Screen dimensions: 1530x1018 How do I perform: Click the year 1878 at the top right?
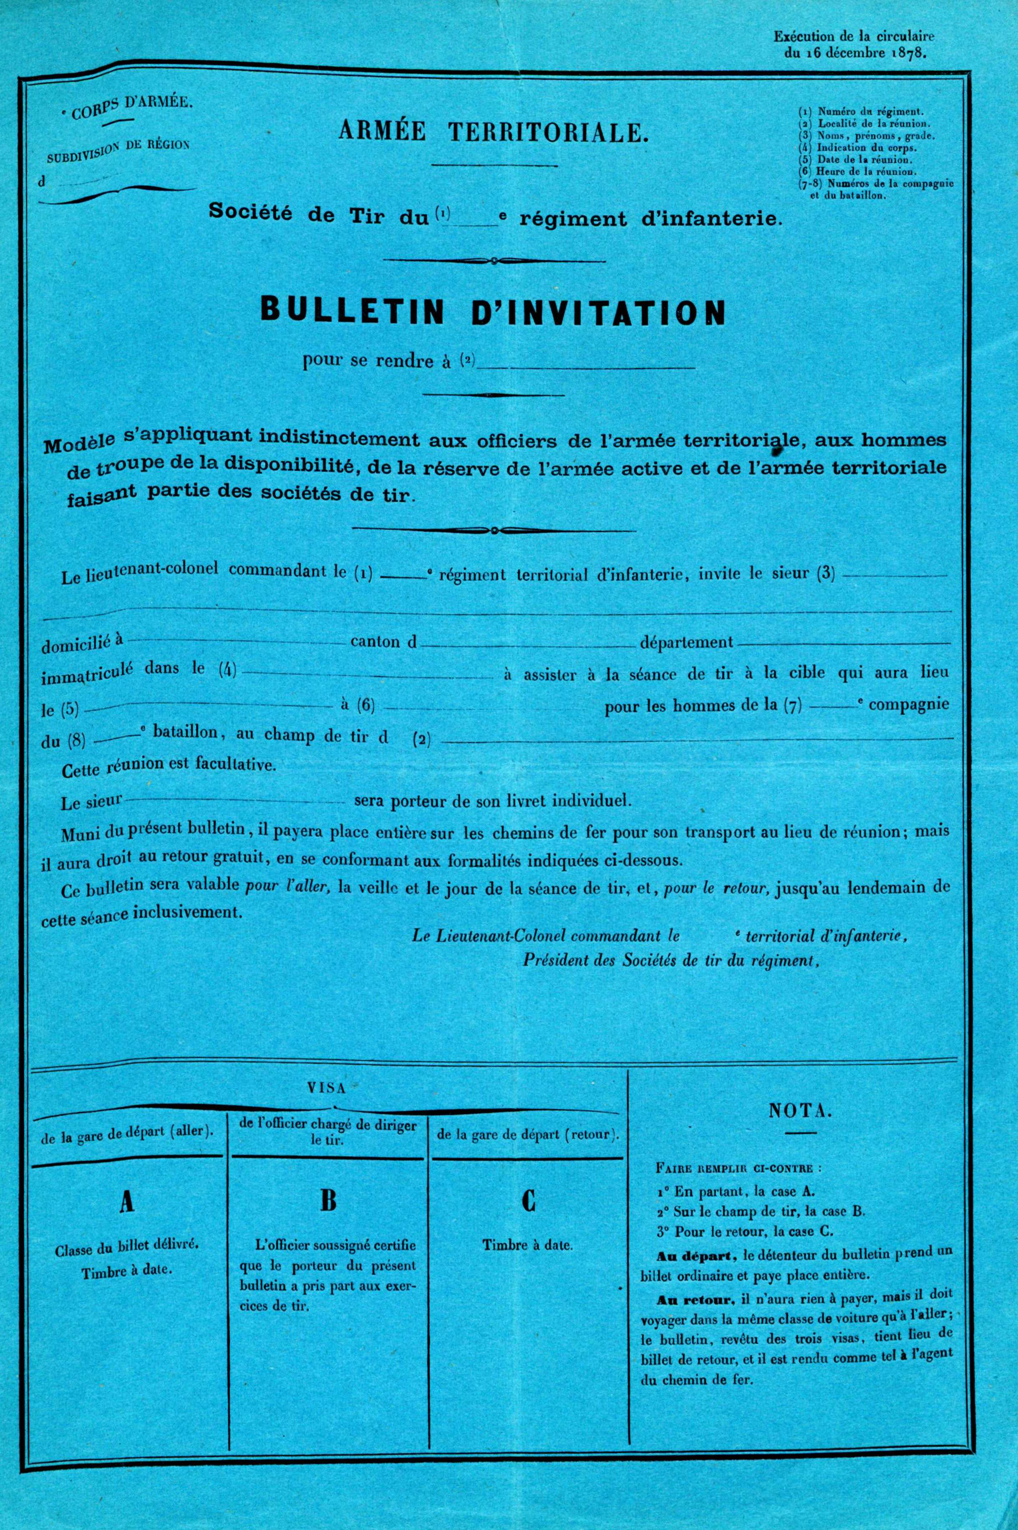click(907, 55)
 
